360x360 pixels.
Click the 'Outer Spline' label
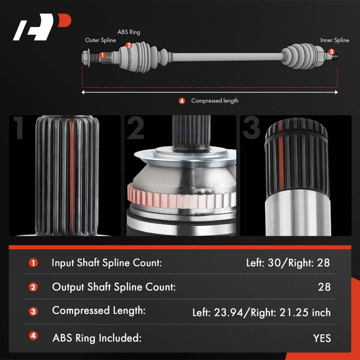coord(100,40)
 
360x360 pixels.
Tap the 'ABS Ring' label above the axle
coord(129,32)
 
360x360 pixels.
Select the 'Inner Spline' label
coord(334,40)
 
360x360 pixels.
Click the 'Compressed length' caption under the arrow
coord(215,101)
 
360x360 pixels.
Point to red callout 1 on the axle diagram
coord(103,55)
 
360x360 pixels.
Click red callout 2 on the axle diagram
coord(129,45)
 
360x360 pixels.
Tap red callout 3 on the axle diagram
coord(331,52)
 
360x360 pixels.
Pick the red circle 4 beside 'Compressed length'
coord(182,101)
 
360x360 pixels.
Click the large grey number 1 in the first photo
coord(19,127)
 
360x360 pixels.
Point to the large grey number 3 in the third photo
coord(251,128)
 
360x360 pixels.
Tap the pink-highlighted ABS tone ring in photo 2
coord(181,198)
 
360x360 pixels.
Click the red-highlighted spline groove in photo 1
coord(72,177)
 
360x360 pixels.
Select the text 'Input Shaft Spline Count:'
coord(107,263)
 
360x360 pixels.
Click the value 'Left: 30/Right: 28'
coord(288,263)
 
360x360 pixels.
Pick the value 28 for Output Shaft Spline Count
coord(324,287)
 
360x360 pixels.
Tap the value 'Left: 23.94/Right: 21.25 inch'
coord(261,312)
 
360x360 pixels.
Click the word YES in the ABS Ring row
coord(322,338)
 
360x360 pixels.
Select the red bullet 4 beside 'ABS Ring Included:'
coord(33,336)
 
